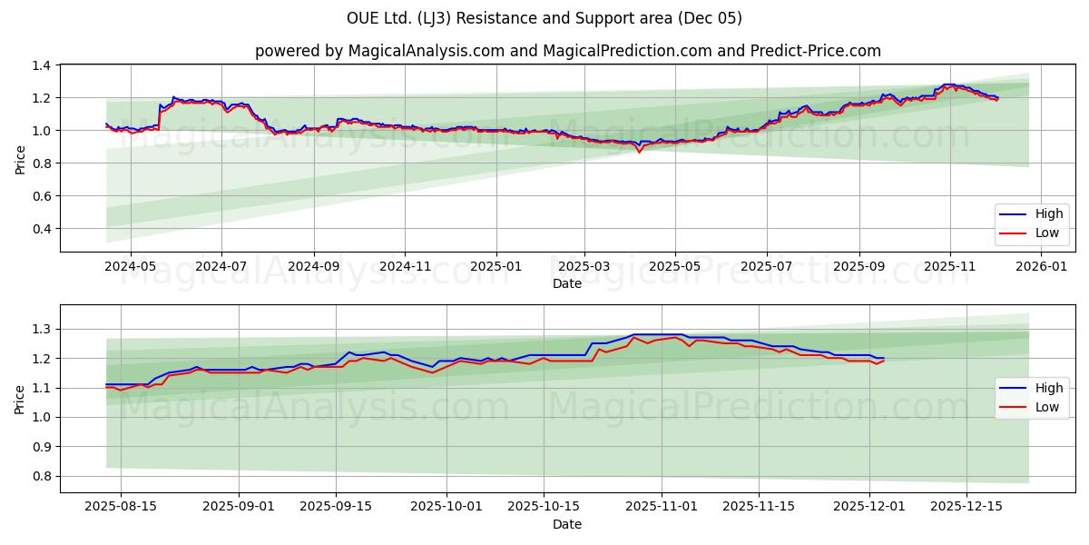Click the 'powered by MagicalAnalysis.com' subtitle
[567, 51]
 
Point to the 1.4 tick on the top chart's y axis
[42, 65]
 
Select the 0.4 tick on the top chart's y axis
[42, 229]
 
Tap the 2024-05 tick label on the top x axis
[131, 267]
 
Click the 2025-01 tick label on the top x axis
[495, 267]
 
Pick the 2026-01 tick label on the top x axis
[1041, 267]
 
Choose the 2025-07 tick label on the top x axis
[767, 267]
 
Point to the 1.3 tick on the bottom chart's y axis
[42, 329]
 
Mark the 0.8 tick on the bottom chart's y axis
[42, 476]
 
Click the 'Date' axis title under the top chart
[567, 283]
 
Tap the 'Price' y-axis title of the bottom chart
[20, 398]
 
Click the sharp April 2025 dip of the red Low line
[639, 152]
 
